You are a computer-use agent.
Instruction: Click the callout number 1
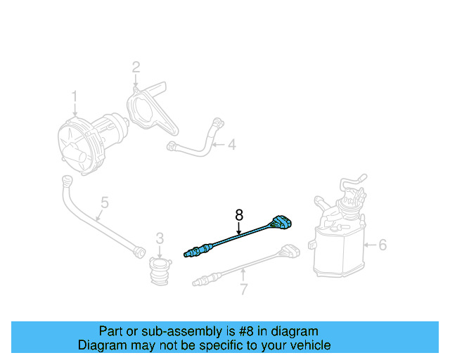(74, 96)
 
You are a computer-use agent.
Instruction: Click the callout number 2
(136, 67)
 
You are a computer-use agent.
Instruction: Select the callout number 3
(160, 238)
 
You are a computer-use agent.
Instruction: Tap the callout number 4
(231, 146)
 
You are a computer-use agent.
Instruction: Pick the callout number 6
(382, 245)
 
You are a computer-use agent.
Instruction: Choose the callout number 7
(243, 289)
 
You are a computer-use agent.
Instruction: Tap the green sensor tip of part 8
(187, 253)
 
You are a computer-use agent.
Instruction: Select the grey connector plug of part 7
(289, 250)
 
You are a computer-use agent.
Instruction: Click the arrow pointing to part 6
(370, 245)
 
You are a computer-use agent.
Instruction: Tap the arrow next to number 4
(218, 146)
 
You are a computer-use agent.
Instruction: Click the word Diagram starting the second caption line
(101, 345)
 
